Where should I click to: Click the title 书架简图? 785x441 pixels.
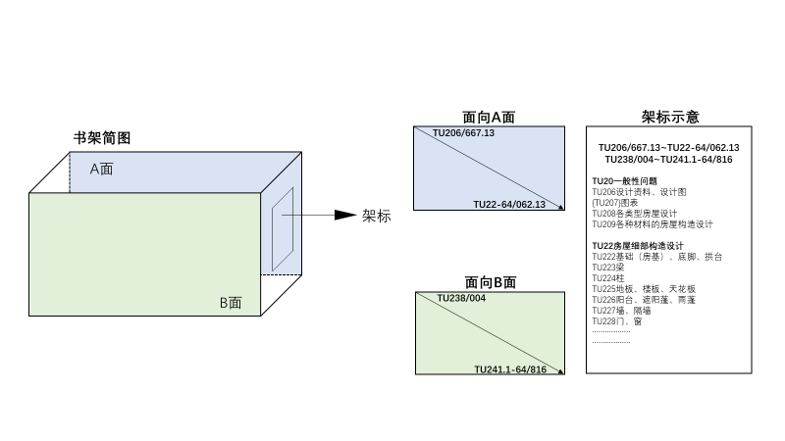102,138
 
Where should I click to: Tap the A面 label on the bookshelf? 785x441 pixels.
102,169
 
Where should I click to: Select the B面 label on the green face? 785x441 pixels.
231,303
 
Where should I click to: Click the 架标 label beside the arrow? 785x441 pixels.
376,216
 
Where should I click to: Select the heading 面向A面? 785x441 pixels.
489,118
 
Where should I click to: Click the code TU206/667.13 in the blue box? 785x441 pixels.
464,132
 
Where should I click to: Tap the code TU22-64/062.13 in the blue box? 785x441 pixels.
509,204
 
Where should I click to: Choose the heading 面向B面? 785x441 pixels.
490,282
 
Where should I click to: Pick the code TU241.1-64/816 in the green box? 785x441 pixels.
510,368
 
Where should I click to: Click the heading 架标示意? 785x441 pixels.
670,117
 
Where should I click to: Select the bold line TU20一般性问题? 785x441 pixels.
624,181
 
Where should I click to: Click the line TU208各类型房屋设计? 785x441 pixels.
635,213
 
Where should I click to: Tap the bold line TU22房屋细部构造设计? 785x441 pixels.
638,245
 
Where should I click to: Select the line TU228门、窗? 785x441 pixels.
617,320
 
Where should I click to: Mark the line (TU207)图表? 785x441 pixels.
614,202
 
